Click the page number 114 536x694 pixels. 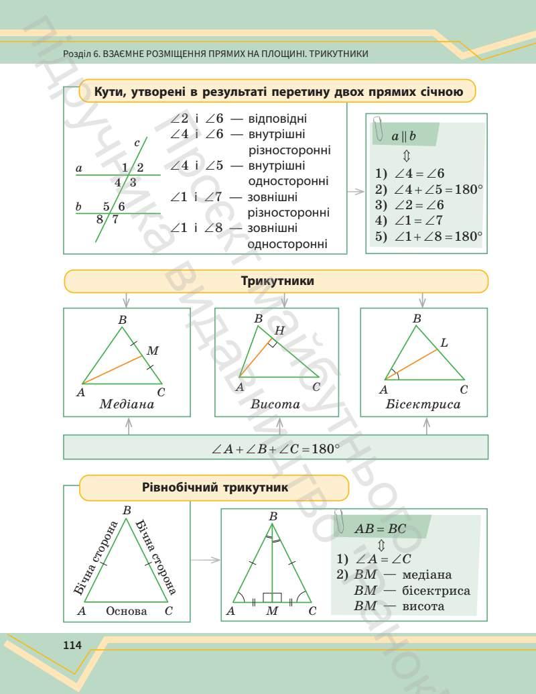72,645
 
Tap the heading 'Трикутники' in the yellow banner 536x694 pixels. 277,282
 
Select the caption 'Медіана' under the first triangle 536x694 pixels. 127,404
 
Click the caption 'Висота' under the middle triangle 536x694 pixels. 275,405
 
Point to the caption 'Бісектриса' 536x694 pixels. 423,405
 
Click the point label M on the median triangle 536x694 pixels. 153,351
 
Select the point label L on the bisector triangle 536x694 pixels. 444,343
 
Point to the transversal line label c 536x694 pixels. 137,142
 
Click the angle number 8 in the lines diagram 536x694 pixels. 99,219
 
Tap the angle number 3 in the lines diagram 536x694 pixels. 133,182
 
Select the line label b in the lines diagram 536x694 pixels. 78,207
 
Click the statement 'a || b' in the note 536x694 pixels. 403,137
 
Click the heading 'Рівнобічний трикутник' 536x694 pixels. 215,487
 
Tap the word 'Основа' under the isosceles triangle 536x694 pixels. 126,611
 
